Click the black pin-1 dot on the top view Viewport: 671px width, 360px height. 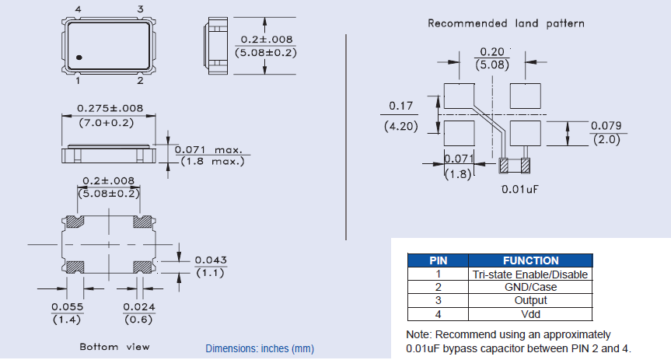(80, 58)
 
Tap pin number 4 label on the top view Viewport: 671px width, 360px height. (78, 9)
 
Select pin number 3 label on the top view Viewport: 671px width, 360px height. (140, 9)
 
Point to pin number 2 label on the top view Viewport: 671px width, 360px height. (140, 80)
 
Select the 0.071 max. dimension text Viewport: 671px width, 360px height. (208, 149)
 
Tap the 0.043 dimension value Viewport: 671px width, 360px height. (211, 260)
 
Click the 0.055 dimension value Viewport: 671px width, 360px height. (67, 307)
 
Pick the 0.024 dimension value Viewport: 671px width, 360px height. (138, 307)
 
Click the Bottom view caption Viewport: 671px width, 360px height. (114, 346)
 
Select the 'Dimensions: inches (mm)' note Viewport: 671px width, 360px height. (260, 349)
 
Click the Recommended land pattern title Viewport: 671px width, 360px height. (506, 23)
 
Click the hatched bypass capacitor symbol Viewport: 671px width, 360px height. (514, 165)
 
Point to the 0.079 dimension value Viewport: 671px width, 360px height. (606, 126)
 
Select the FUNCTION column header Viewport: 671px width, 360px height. (530, 260)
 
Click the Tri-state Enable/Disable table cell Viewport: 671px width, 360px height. (530, 274)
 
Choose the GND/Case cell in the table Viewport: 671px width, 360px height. (530, 287)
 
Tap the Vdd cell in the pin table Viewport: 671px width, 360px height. (530, 314)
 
